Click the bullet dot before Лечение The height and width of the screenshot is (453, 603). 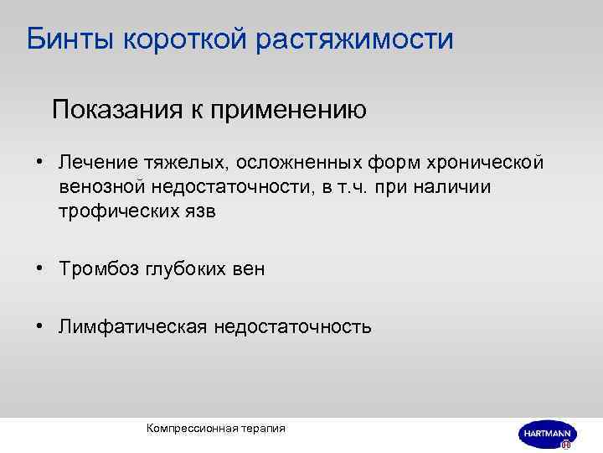click(39, 160)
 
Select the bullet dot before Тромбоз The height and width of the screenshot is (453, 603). click(39, 268)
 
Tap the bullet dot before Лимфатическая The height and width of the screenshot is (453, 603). click(39, 326)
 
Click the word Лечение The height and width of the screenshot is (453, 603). click(93, 160)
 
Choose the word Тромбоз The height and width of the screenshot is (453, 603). click(94, 268)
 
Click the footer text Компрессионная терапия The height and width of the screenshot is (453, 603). click(215, 428)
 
